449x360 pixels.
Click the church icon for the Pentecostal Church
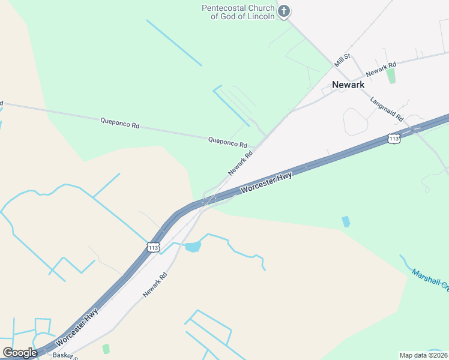(284, 10)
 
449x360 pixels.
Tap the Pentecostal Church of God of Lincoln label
(238, 12)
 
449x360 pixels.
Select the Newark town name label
(349, 85)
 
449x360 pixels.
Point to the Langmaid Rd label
(387, 109)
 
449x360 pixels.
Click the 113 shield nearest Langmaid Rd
(394, 139)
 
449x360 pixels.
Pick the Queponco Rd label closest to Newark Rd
(228, 142)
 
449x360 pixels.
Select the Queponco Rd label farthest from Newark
(119, 123)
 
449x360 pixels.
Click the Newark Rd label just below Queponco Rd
(240, 163)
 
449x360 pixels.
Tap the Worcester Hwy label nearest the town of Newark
(267, 182)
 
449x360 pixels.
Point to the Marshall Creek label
(430, 281)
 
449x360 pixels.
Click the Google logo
(20, 352)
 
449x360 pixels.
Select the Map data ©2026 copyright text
(423, 355)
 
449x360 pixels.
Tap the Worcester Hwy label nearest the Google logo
(76, 328)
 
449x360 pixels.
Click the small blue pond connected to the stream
(193, 247)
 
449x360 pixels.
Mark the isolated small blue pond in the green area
(346, 221)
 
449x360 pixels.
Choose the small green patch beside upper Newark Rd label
(391, 76)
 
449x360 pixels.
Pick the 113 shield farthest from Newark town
(153, 247)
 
